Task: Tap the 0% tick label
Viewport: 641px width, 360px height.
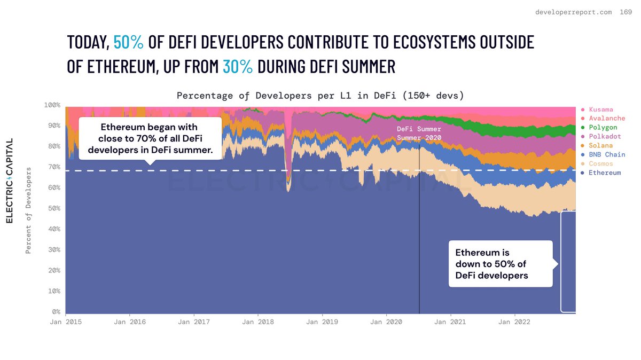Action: point(55,312)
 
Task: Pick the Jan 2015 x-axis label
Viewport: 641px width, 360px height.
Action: point(66,322)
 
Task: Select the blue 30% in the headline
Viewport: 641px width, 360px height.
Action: point(238,67)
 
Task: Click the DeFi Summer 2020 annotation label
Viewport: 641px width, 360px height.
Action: point(419,134)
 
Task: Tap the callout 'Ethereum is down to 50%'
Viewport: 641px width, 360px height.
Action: point(499,264)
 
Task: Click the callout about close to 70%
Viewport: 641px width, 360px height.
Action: point(150,139)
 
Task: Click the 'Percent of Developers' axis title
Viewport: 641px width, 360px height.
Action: point(29,210)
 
